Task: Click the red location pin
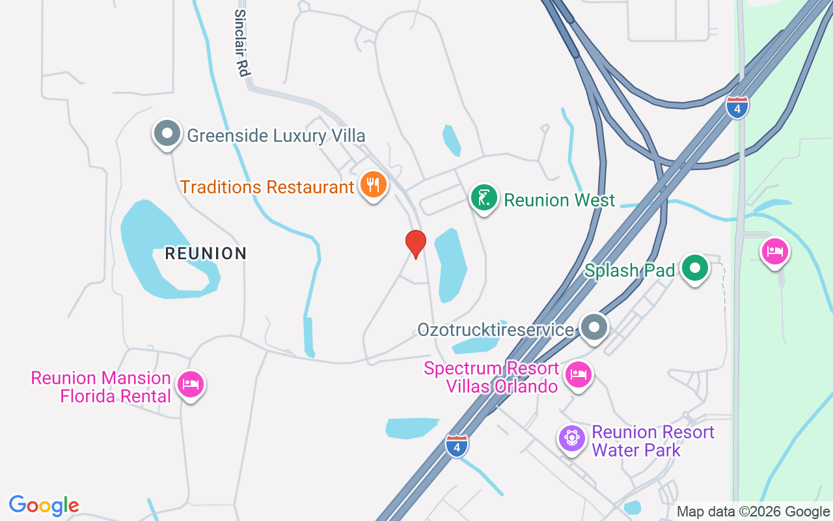(x=415, y=244)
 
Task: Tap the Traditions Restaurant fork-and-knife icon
(x=373, y=185)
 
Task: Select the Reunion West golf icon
(x=484, y=198)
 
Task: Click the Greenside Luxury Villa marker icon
(x=167, y=134)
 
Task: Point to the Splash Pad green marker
(x=695, y=268)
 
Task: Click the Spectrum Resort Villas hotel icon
(x=579, y=374)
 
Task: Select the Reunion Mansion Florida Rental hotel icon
(x=191, y=384)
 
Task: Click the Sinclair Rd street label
(x=241, y=43)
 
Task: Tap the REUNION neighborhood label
(x=206, y=253)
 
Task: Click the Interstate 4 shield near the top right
(x=737, y=107)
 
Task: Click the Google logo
(x=44, y=505)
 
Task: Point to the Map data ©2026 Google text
(x=753, y=512)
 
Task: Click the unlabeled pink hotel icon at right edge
(x=775, y=251)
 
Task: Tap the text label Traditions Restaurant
(x=267, y=187)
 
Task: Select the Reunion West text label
(x=559, y=200)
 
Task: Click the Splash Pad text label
(x=629, y=270)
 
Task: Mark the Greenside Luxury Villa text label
(x=276, y=135)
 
